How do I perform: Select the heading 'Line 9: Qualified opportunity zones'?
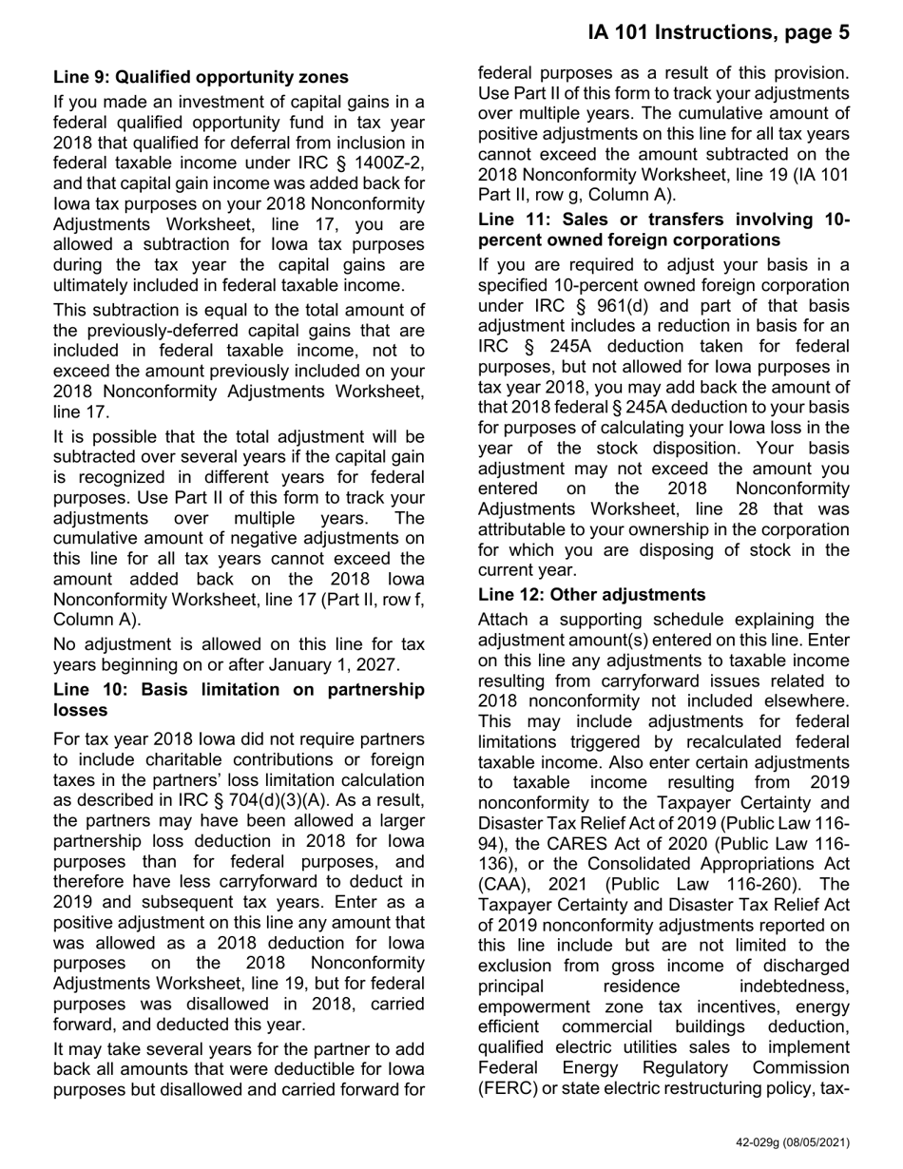(201, 77)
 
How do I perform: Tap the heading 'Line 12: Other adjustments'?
(591, 595)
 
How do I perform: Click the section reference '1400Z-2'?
(388, 163)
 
